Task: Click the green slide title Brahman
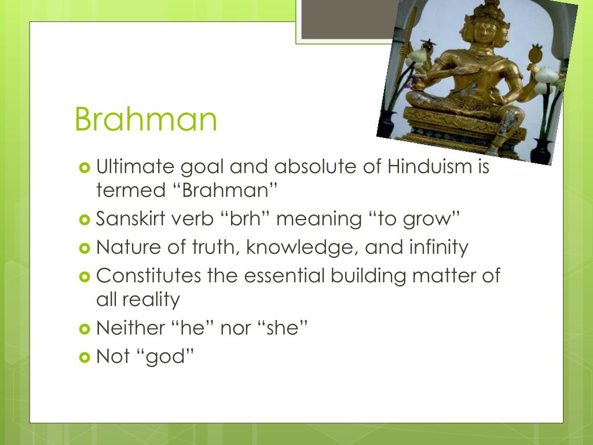(x=146, y=119)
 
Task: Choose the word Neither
(x=130, y=328)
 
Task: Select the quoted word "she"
(x=284, y=328)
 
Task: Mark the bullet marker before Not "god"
(x=84, y=357)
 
